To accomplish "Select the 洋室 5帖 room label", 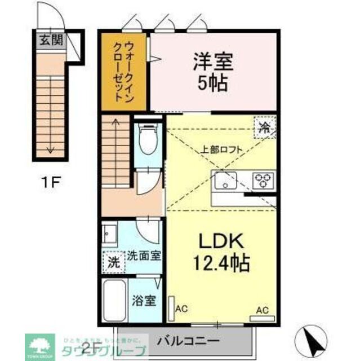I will (x=212, y=72).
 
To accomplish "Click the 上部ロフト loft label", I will (x=221, y=150).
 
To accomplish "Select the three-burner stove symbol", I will (x=262, y=180).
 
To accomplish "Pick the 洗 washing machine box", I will (x=114, y=262).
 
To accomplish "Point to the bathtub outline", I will (x=117, y=301).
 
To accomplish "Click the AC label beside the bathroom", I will (x=181, y=309).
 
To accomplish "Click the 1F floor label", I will (x=50, y=182).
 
